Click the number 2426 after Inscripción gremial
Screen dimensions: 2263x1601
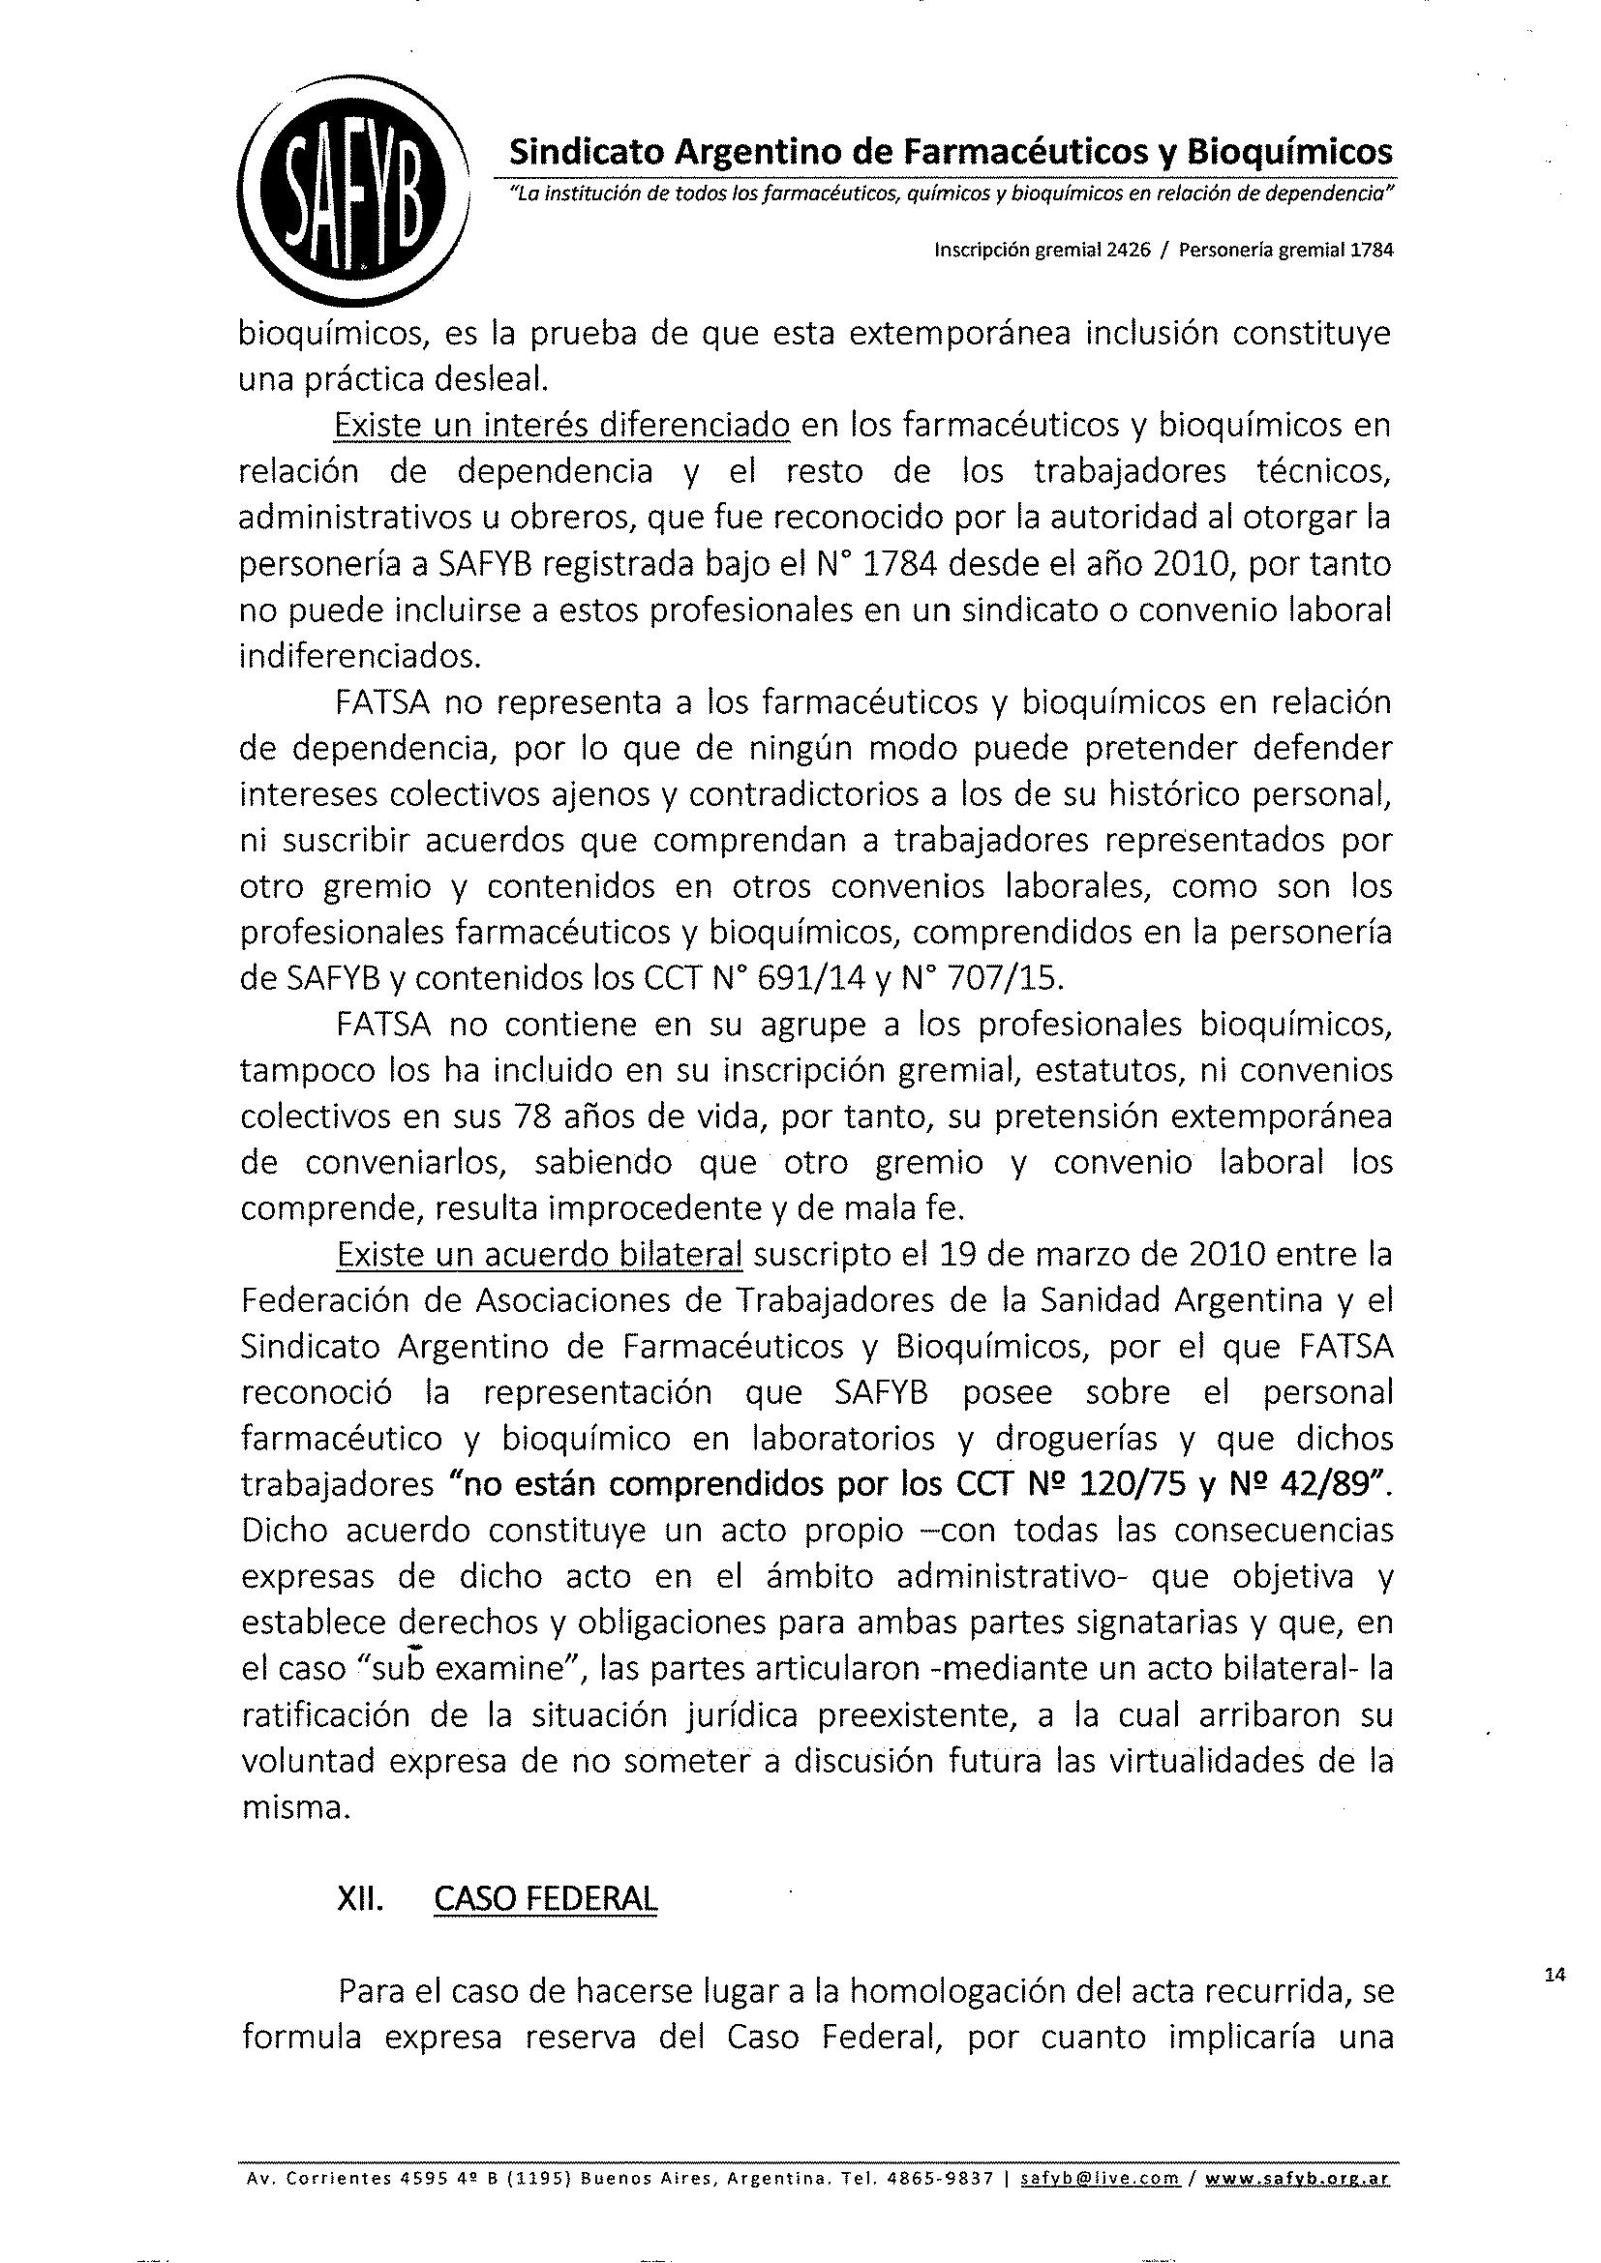[1124, 251]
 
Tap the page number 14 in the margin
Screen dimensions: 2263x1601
[1556, 1975]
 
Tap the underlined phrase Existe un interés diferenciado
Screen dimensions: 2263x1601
[562, 426]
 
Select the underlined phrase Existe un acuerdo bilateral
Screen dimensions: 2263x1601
[539, 1255]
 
